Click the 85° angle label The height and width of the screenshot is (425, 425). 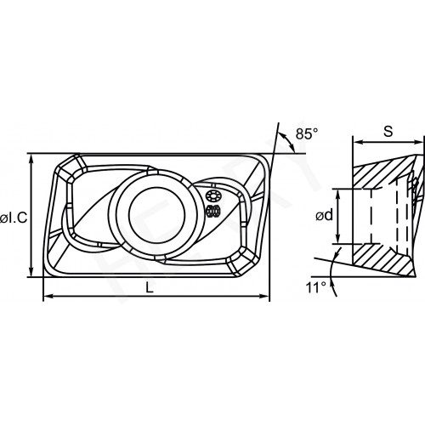coord(307,133)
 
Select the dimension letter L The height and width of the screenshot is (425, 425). coord(150,288)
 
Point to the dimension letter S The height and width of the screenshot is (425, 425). coord(388,132)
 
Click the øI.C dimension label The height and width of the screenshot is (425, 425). coord(14,218)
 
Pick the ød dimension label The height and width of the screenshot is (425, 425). coord(325,216)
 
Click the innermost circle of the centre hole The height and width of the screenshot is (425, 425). coord(157,214)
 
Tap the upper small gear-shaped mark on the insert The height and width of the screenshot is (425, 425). coord(212,196)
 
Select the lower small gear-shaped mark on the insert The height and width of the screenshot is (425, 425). coord(213,211)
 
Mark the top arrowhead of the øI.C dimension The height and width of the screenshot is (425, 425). coord(31,160)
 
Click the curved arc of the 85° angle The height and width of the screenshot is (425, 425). coord(286,141)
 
